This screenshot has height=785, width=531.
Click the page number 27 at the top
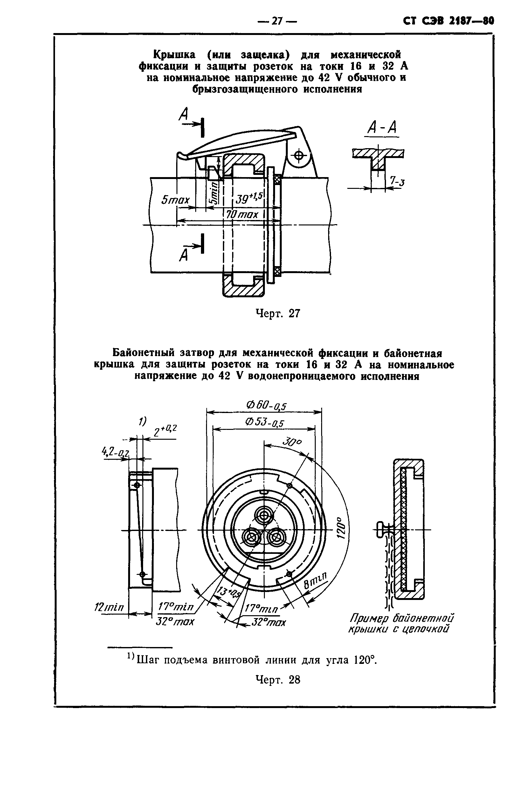click(x=277, y=21)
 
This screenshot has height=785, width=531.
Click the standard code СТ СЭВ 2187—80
click(x=449, y=21)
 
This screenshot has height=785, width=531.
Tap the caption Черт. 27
click(x=278, y=314)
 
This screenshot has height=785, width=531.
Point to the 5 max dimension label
click(x=175, y=200)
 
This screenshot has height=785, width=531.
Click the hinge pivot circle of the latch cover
click(x=299, y=156)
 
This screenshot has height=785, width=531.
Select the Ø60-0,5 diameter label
click(x=266, y=405)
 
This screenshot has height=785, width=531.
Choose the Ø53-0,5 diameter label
click(x=264, y=423)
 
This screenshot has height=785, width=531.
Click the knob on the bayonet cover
click(x=381, y=529)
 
